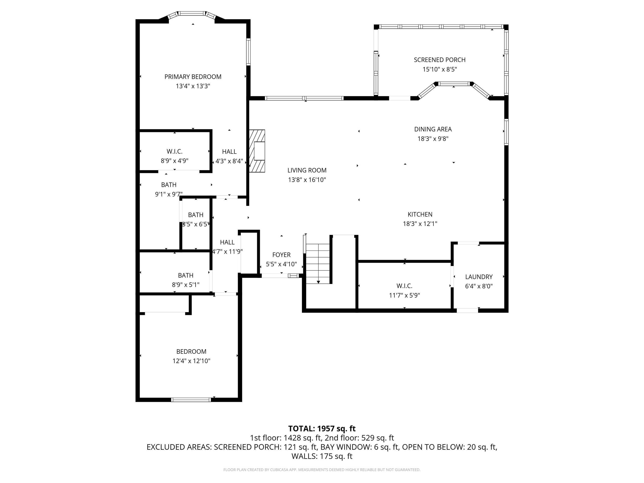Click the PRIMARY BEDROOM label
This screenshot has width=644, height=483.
[x=193, y=77]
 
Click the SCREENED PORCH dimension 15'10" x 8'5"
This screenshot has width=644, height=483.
[x=440, y=69]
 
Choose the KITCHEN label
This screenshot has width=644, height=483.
[x=420, y=214]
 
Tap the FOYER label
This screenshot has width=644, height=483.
[x=281, y=255]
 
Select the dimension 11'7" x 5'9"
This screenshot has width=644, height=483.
[x=404, y=295]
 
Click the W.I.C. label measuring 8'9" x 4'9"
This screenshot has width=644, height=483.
[x=174, y=151]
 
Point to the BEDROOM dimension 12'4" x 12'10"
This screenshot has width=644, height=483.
[x=191, y=361]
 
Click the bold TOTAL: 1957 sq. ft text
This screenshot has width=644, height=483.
[x=322, y=428]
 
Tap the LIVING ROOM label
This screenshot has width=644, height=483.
[x=307, y=170]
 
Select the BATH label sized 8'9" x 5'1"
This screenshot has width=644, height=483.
[x=186, y=275]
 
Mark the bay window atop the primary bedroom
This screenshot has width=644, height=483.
[x=192, y=13]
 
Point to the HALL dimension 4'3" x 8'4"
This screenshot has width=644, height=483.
[x=229, y=161]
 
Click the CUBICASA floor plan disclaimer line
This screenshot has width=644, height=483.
[x=322, y=470]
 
